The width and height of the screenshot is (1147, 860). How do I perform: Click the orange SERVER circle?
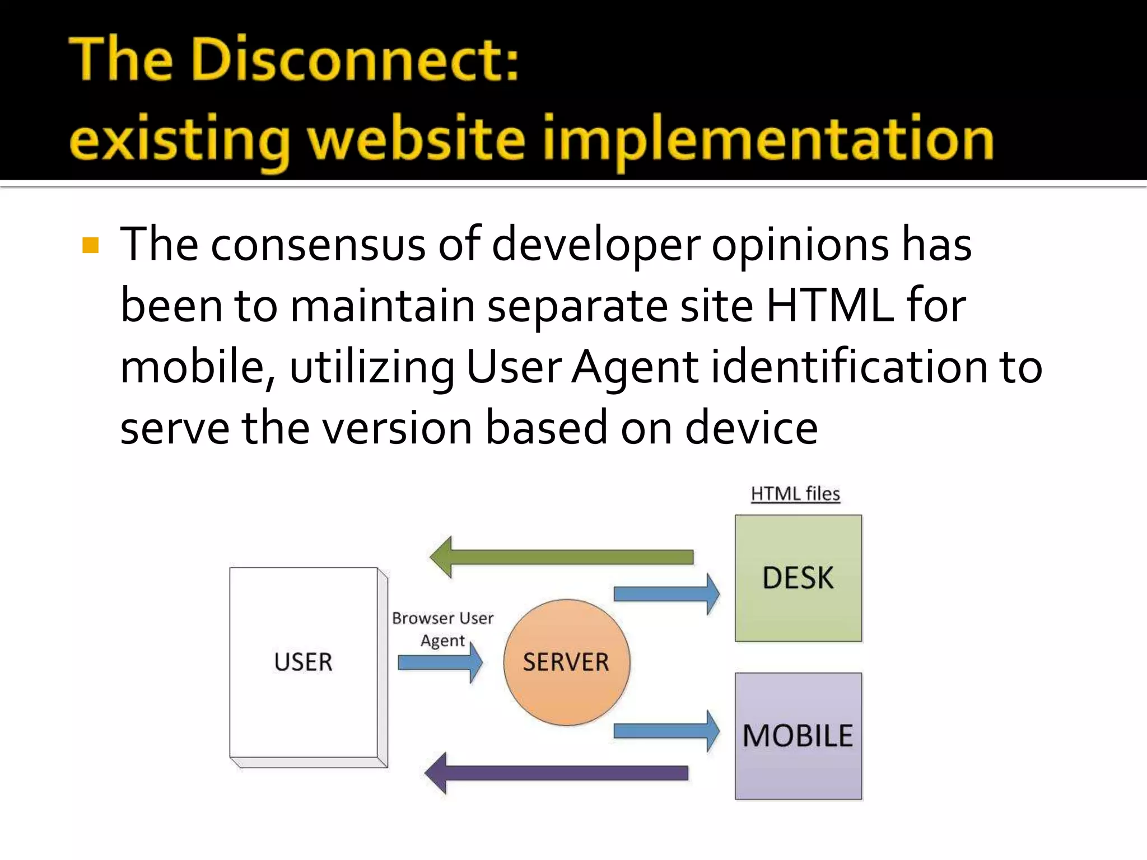coord(566,662)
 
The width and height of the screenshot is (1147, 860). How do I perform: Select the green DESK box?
coord(798,578)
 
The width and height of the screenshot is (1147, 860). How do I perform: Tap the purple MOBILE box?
coord(798,736)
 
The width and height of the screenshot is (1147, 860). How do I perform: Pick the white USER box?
coord(304,662)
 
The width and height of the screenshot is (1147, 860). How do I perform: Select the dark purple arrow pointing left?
coord(556,773)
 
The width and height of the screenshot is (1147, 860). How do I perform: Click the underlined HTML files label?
coord(795,494)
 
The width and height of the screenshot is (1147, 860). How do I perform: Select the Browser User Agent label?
coord(442,629)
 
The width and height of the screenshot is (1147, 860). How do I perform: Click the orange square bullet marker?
coord(90,245)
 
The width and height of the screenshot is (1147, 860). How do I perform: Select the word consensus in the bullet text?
coord(318,245)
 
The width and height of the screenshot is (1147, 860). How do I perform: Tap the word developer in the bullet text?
coord(595,245)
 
